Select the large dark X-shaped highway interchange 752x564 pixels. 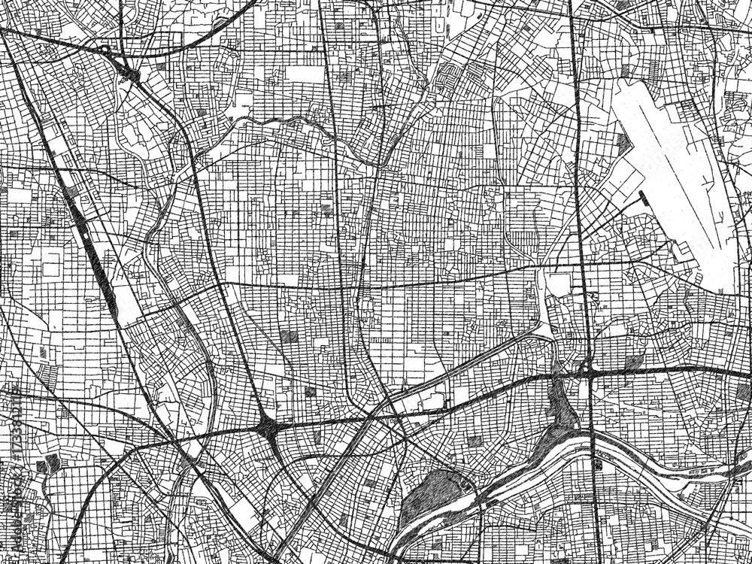click(x=268, y=429)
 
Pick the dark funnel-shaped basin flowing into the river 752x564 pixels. click(x=561, y=410)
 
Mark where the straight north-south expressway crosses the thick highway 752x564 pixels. click(x=587, y=371)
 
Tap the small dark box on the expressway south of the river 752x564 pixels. click(x=598, y=465)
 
